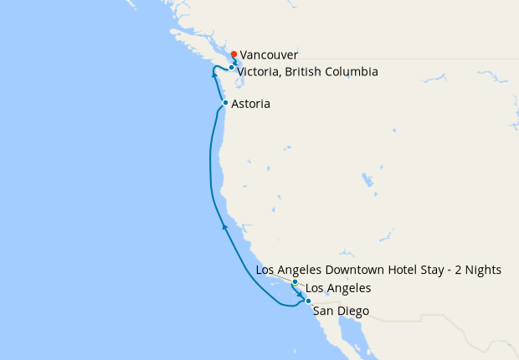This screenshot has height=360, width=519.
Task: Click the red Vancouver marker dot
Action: pos(234,55)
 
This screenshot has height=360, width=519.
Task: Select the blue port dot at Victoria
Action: pos(231,67)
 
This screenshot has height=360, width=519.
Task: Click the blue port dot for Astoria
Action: pos(225,102)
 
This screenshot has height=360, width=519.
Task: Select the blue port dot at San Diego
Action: pos(308,301)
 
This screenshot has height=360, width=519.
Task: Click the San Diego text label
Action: pos(340,311)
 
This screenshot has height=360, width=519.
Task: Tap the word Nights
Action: pos(483,270)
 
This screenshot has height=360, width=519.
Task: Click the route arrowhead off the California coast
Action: pos(224,225)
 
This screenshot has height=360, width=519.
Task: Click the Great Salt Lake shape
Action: pos(367,180)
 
